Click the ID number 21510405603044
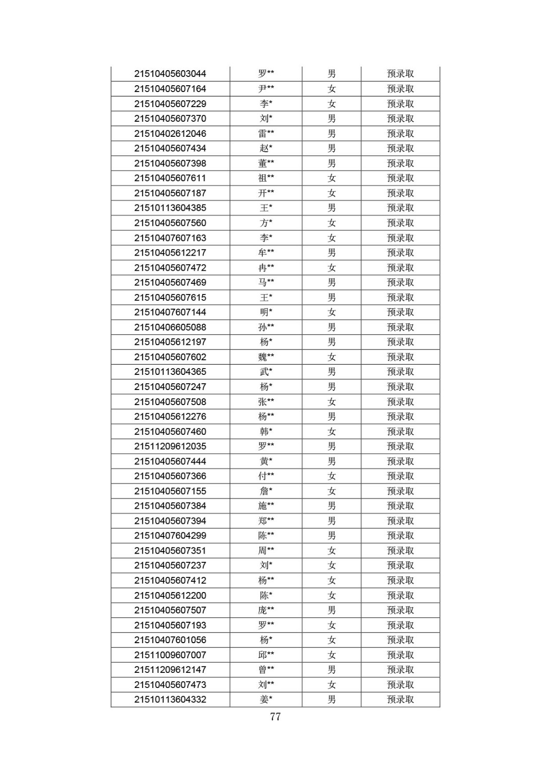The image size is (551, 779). [170, 74]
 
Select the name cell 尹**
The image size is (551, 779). [266, 89]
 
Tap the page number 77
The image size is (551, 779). [275, 717]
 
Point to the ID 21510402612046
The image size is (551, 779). [170, 133]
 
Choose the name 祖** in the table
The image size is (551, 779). [266, 178]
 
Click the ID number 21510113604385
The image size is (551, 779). [170, 208]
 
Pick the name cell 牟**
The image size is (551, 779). [266, 253]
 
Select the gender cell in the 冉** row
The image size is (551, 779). [332, 268]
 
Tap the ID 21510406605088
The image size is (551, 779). [170, 327]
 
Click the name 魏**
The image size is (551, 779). [266, 357]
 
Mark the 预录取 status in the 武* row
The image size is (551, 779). [400, 372]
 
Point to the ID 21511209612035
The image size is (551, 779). [170, 446]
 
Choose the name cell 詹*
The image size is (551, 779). [266, 491]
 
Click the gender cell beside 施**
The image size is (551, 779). [332, 506]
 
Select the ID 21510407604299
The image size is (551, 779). [170, 536]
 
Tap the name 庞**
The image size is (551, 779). [266, 610]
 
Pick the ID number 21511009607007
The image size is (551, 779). [170, 655]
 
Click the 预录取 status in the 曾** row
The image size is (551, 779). [400, 669]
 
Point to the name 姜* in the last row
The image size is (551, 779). [266, 700]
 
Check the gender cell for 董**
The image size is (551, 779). [332, 163]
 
